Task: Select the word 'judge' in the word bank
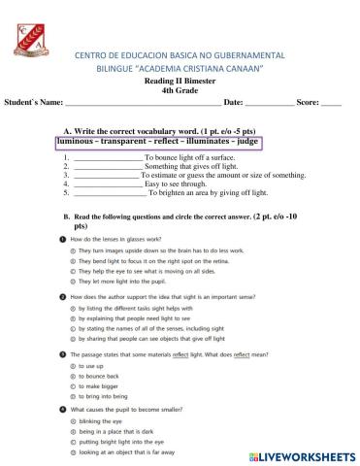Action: [248, 142]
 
